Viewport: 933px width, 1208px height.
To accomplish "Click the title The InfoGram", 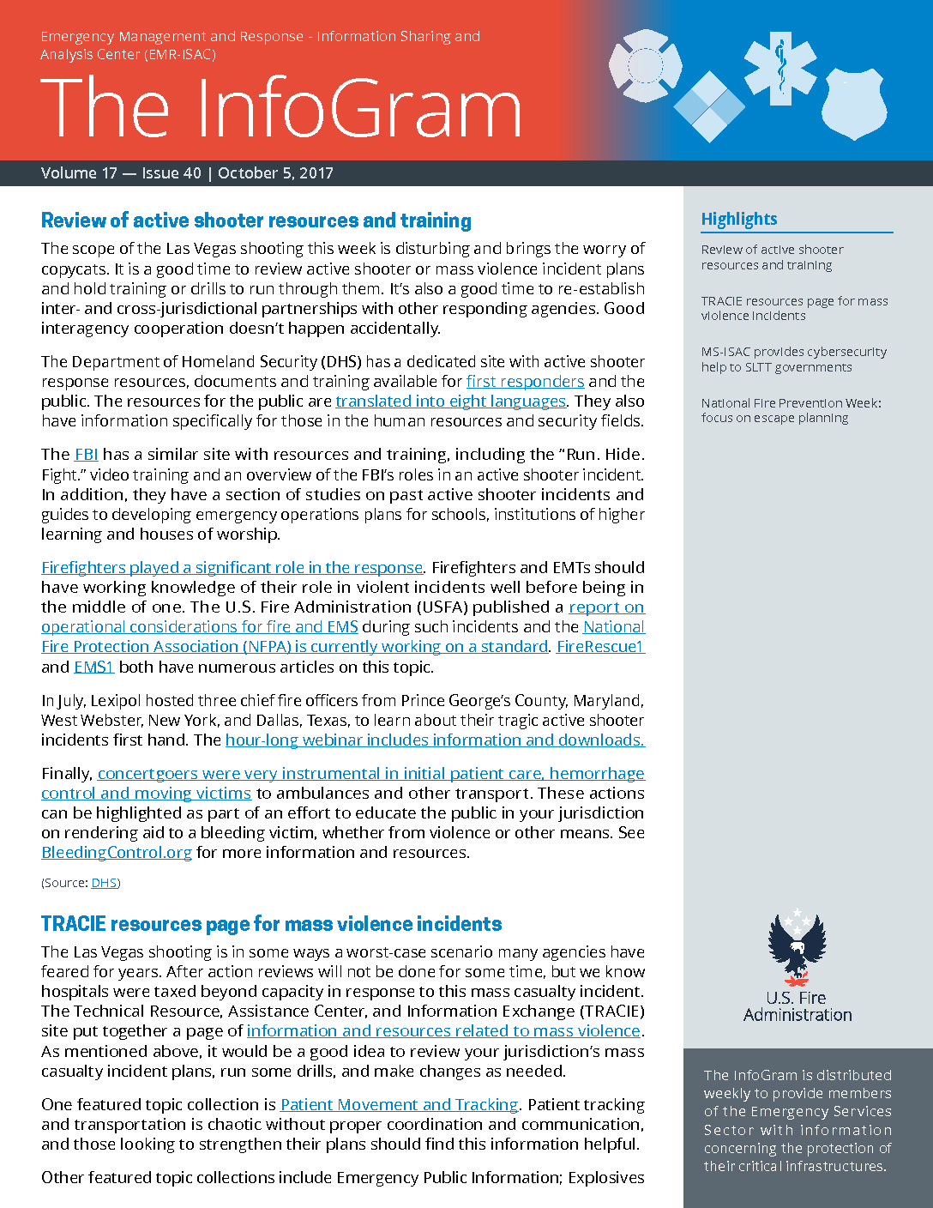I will coord(280,108).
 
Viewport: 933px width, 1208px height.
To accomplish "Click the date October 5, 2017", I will coord(275,173).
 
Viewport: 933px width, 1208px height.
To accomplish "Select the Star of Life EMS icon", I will coord(780,69).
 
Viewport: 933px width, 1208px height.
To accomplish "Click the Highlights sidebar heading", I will coord(739,219).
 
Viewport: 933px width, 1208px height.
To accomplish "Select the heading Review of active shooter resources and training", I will coord(256,220).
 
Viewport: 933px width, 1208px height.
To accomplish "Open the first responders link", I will coord(525,382).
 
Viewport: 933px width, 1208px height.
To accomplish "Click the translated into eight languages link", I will coord(450,402).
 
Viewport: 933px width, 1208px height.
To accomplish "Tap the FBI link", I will coord(87,455).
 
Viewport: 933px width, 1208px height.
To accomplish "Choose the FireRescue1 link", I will coord(600,647).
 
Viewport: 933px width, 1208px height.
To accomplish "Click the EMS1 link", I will coord(93,667).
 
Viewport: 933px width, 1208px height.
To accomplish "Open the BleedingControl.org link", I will coord(117,853).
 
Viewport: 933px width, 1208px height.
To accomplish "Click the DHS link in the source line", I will coord(104,883).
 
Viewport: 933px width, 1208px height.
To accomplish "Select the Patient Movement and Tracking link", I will coord(400,1105).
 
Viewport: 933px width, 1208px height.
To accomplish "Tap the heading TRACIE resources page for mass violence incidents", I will coord(271,924).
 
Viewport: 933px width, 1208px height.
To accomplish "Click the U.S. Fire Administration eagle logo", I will coord(797,948).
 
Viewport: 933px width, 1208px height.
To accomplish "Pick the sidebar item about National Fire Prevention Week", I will coord(791,411).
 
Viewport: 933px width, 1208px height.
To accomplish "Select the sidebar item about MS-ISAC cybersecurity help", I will coord(793,359).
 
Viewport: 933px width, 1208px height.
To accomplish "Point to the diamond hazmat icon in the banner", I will coord(709,106).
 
